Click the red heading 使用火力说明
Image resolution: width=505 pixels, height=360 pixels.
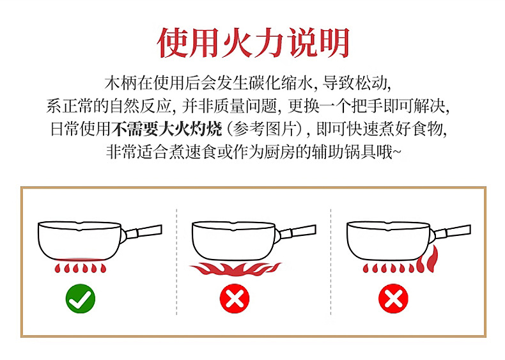pyautogui.click(x=253, y=42)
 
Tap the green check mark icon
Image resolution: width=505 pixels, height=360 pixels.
pyautogui.click(x=81, y=299)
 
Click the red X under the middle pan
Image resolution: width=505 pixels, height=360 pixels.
pyautogui.click(x=235, y=299)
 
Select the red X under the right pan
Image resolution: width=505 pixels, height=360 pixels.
pyautogui.click(x=393, y=299)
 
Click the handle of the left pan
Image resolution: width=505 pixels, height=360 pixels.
pyautogui.click(x=143, y=231)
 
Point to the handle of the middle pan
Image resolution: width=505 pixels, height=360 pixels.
pyautogui.click(x=297, y=231)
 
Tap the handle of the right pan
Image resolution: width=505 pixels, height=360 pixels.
pyautogui.click(x=451, y=231)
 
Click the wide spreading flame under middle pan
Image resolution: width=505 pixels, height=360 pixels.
pyautogui.click(x=235, y=269)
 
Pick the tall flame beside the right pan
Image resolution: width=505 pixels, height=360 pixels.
pyautogui.click(x=428, y=260)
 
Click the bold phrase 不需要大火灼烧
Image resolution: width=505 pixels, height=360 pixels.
pyautogui.click(x=167, y=129)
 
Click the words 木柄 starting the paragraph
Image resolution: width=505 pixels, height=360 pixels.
pyautogui.click(x=121, y=83)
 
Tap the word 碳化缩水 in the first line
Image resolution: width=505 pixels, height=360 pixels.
pyautogui.click(x=280, y=83)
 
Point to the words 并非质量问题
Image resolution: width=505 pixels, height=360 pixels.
pyautogui.click(x=229, y=106)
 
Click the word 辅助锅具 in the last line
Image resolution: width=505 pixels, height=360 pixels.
pyautogui.click(x=345, y=152)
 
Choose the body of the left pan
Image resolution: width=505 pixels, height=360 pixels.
pyautogui.click(x=80, y=240)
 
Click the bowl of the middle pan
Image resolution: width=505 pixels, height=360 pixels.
pyautogui.click(x=234, y=240)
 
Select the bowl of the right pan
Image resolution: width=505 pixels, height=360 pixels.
pyautogui.click(x=389, y=240)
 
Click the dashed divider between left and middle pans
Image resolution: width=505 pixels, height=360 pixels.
pyautogui.click(x=176, y=262)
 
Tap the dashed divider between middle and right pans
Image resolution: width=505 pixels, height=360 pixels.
pyautogui.click(x=330, y=262)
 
